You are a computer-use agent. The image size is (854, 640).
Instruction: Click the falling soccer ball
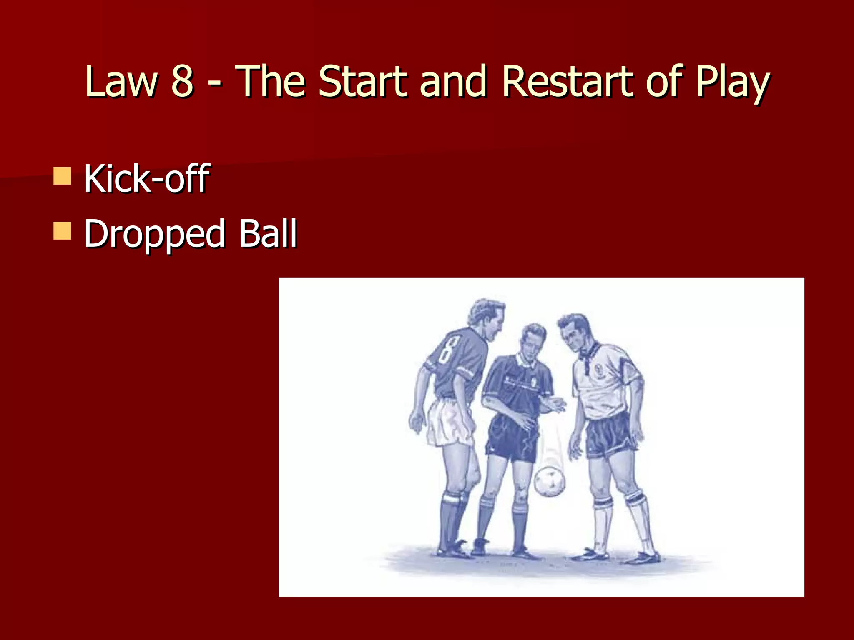(550, 481)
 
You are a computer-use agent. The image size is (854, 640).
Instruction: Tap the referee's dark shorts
(511, 440)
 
